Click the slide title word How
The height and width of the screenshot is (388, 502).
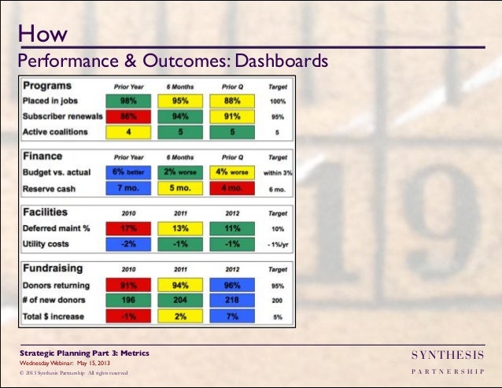[42, 34]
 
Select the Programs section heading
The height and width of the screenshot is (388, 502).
[48, 86]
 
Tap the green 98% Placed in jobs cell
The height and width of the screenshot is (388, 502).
[124, 102]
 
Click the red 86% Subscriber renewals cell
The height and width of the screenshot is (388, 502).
[124, 116]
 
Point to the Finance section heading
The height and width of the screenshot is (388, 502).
[43, 156]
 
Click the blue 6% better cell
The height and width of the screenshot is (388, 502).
[124, 172]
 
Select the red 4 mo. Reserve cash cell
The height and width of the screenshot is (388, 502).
[231, 189]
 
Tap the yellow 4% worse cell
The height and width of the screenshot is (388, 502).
[231, 172]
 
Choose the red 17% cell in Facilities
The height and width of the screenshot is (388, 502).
[124, 229]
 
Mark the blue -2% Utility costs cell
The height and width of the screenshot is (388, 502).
[124, 245]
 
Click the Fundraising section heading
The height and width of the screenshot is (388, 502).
[54, 268]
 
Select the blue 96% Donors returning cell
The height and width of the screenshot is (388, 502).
[231, 286]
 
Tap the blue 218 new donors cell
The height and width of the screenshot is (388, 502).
[231, 300]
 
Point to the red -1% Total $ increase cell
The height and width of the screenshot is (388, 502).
[124, 316]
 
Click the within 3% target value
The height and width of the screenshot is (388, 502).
[277, 172]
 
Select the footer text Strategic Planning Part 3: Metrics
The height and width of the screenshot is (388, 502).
[85, 353]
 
